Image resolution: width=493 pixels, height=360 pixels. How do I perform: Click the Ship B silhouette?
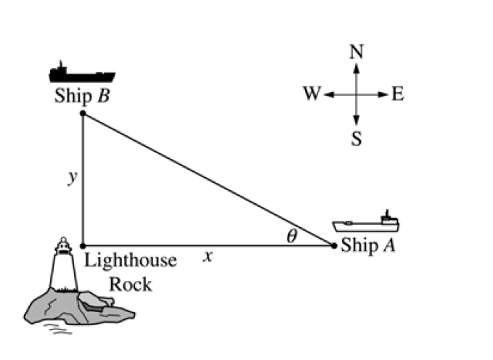81,73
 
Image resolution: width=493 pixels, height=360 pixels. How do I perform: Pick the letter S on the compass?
356,138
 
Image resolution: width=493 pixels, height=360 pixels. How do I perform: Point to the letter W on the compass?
311,94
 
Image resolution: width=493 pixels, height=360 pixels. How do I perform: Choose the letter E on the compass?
397,94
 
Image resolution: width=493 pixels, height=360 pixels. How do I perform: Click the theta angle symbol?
291,236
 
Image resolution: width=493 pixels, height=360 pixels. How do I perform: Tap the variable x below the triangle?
207,255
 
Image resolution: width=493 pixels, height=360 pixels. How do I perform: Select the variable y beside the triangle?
72,177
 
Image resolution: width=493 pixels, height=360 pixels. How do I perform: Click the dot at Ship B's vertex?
83,113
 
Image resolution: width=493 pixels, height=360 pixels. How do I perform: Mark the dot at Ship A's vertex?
334,246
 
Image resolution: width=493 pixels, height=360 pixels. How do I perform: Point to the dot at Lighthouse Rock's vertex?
83,246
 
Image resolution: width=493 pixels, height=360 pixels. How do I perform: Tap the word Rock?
131,283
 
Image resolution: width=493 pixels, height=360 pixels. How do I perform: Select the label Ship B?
81,97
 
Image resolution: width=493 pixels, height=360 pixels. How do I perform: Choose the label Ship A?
368,246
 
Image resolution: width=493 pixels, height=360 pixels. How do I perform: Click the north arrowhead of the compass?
356,67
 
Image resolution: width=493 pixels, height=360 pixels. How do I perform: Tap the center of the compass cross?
356,94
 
